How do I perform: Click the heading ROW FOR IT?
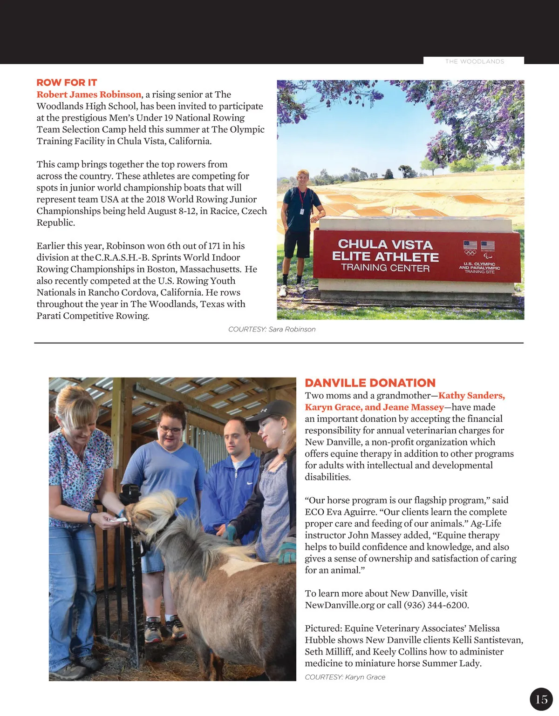tap(67, 83)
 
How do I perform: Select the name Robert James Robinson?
tap(89, 95)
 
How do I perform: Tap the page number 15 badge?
tap(541, 699)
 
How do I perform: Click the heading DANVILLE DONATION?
tap(370, 383)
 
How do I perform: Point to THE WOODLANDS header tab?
tap(474, 61)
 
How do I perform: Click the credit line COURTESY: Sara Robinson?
tap(272, 329)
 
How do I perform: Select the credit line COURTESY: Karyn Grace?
tap(345, 677)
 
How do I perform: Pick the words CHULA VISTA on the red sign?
tap(385, 244)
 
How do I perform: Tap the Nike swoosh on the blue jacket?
tap(250, 483)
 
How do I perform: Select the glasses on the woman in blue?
tap(170, 429)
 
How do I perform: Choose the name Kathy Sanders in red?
tap(471, 396)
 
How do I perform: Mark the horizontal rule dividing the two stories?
tap(279, 343)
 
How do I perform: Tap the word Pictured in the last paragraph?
tap(323, 628)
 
